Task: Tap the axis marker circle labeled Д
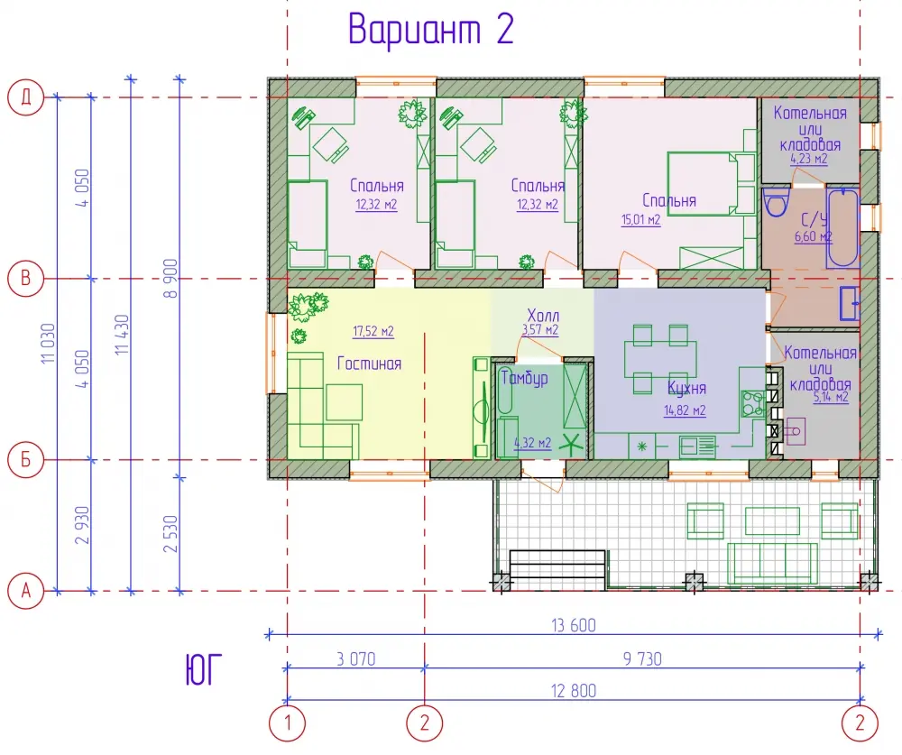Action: [x=26, y=97]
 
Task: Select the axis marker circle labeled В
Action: [x=26, y=278]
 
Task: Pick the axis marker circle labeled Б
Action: [x=26, y=460]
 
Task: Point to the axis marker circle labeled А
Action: [x=26, y=591]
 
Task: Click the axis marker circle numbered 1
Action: [x=287, y=722]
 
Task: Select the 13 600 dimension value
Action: [x=574, y=625]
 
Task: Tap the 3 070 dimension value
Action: [x=356, y=658]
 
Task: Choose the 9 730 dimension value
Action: [x=642, y=658]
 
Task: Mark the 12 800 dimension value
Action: [x=574, y=691]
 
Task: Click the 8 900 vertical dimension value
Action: [x=170, y=278]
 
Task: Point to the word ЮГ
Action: [x=203, y=670]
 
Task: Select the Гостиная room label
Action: [x=369, y=364]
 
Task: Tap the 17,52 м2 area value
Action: [x=373, y=331]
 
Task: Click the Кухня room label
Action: [x=686, y=389]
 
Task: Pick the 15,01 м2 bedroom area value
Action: [x=640, y=220]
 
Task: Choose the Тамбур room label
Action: [x=525, y=378]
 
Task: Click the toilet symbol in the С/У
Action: [x=778, y=201]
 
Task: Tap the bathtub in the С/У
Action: [x=842, y=227]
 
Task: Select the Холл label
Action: [x=543, y=316]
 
